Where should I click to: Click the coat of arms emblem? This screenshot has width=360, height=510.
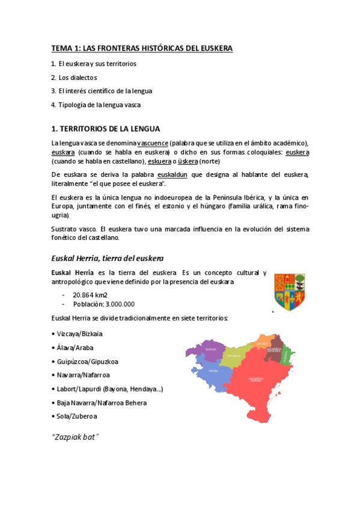(x=289, y=292)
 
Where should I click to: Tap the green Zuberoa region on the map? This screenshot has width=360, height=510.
(x=287, y=354)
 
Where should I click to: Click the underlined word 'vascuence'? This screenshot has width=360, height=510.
(x=153, y=143)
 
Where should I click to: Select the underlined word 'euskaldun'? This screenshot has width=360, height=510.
(x=172, y=174)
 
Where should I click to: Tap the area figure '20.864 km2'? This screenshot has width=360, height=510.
(x=90, y=295)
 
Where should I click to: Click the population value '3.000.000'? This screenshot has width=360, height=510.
(x=112, y=304)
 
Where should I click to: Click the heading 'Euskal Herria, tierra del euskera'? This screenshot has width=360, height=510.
(x=108, y=259)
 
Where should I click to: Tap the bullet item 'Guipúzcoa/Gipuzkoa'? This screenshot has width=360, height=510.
(x=87, y=361)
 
